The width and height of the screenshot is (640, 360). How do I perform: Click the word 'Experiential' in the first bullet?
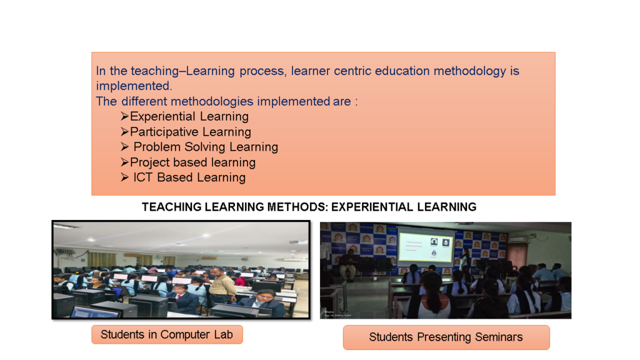[163, 117]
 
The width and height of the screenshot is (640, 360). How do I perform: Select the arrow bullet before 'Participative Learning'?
[125, 131]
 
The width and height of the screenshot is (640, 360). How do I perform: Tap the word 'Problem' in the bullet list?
[157, 147]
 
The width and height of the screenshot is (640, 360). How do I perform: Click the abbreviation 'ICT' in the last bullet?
[142, 177]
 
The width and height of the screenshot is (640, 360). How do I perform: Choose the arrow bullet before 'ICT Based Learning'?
[125, 177]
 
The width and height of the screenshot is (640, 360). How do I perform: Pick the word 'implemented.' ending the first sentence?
[134, 86]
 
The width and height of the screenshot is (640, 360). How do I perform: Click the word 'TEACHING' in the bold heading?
[171, 207]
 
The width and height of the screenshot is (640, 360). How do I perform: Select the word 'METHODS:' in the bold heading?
[297, 207]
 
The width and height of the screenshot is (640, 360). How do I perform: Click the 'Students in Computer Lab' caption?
[167, 335]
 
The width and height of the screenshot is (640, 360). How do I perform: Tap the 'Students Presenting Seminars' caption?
[446, 337]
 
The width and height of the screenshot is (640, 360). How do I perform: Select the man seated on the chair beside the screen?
[347, 264]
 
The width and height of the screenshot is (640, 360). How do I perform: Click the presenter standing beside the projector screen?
[464, 260]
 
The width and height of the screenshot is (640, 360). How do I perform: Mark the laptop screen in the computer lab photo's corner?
[96, 312]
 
